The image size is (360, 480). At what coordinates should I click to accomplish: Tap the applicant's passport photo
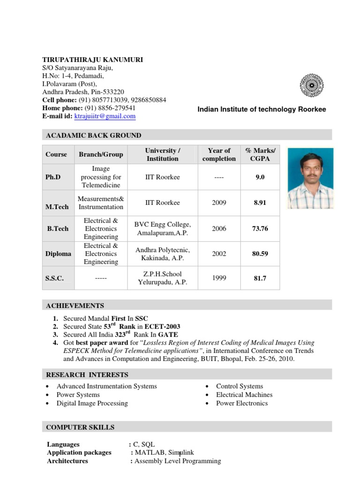pyautogui.click(x=310, y=179)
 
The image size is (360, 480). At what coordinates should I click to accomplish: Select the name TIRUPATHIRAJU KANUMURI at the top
pyautogui.click(x=93, y=60)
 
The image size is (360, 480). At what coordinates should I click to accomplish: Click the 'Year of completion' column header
pyautogui.click(x=219, y=155)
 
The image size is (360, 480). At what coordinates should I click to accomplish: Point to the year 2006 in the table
pyautogui.click(x=219, y=229)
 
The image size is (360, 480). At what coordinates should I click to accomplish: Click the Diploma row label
pyautogui.click(x=58, y=254)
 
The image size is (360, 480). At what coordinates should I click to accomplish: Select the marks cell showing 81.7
pyautogui.click(x=260, y=278)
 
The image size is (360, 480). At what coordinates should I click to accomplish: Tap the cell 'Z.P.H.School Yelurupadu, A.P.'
pyautogui.click(x=162, y=278)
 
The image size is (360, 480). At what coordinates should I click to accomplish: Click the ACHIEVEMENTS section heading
pyautogui.click(x=75, y=306)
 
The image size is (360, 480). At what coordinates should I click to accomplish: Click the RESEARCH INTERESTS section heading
pyautogui.click(x=87, y=375)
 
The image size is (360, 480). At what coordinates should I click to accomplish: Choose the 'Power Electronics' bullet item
pyautogui.click(x=242, y=403)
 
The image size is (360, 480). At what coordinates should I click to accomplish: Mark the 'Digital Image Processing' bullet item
pyautogui.click(x=92, y=403)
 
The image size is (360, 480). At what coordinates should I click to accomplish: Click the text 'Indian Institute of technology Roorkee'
pyautogui.click(x=262, y=109)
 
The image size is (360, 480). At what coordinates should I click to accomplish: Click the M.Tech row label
pyautogui.click(x=57, y=207)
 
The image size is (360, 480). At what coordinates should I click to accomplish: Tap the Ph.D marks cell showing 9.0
pyautogui.click(x=260, y=177)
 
